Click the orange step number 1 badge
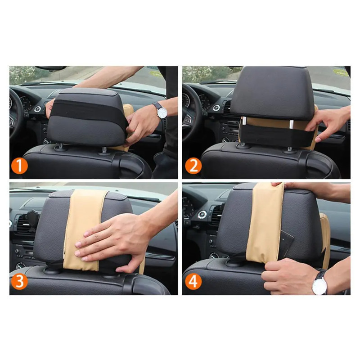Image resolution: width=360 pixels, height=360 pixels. (x=19, y=166)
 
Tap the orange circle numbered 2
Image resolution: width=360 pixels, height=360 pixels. (x=193, y=166)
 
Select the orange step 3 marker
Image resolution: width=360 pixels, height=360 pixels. (x=19, y=281)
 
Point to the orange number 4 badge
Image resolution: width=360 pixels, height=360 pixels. (x=193, y=281)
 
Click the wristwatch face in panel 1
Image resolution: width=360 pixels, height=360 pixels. (x=162, y=113)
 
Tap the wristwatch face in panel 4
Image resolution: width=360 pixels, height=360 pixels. (x=319, y=285)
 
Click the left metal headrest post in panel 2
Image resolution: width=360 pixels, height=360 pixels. (x=244, y=121)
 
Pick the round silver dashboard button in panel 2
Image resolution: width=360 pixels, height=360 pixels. (x=216, y=108)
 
